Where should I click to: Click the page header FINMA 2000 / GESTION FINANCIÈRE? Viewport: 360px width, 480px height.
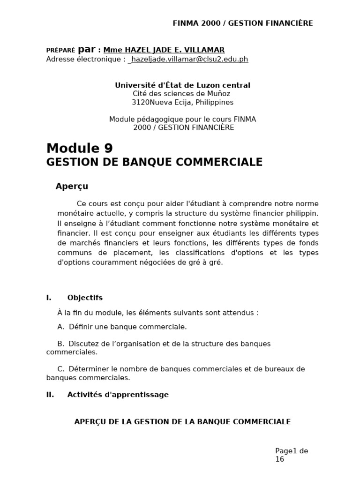point(243,23)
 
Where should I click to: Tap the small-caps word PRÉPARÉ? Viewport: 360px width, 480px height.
point(60,51)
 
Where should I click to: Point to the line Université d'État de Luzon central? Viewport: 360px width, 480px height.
point(182,85)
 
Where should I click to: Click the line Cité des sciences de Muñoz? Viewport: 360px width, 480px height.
point(182,94)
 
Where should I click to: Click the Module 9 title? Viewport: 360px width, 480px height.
point(79,148)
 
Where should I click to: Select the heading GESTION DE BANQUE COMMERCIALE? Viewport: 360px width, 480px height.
point(154,163)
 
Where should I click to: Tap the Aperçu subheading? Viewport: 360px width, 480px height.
point(72,187)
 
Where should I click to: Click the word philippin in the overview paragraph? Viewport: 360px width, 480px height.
point(302,213)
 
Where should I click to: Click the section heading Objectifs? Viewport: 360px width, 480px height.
point(85,298)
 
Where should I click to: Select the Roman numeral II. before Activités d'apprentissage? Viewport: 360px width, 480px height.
point(50,395)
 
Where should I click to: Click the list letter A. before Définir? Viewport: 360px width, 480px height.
point(61,327)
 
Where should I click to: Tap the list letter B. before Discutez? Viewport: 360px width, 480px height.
point(61,344)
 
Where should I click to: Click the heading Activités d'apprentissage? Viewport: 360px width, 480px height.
point(118,395)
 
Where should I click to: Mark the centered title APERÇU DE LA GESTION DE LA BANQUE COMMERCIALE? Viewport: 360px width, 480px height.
point(182,422)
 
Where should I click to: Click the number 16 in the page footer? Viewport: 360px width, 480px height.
point(279,459)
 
